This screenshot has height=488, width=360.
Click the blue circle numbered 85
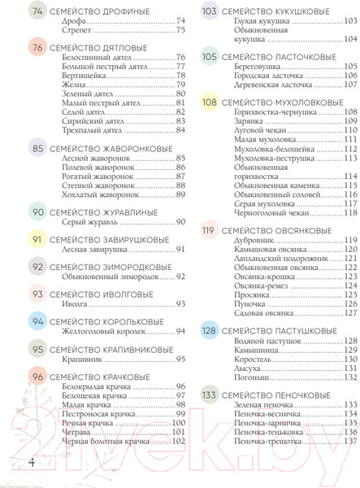point(37,150)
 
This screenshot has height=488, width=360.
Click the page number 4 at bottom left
point(30,462)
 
